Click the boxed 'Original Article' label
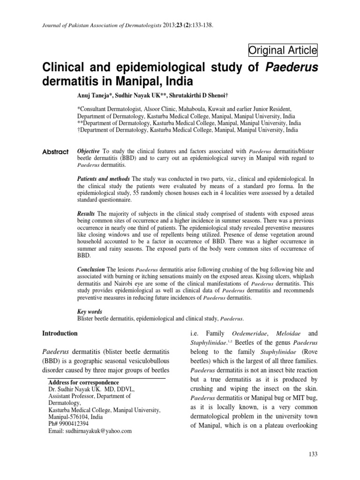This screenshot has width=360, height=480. tap(283, 50)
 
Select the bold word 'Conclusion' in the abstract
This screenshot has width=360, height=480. tap(92, 270)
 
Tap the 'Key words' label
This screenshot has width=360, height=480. tap(90, 311)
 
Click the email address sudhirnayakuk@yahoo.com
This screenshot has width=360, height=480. tap(90, 431)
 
